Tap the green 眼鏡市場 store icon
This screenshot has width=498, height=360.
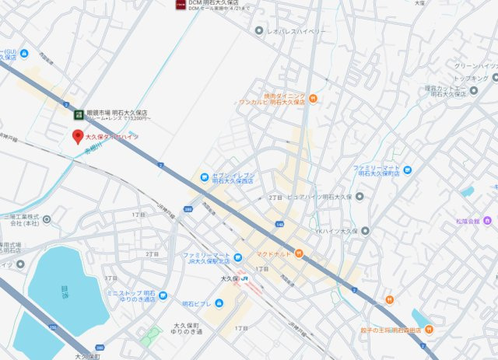click(x=79, y=114)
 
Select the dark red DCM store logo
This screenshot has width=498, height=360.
click(x=181, y=5)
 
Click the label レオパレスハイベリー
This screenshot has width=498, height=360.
click(x=296, y=30)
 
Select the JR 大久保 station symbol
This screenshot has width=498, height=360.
click(x=244, y=278)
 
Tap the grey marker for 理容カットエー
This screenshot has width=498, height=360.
click(x=474, y=93)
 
